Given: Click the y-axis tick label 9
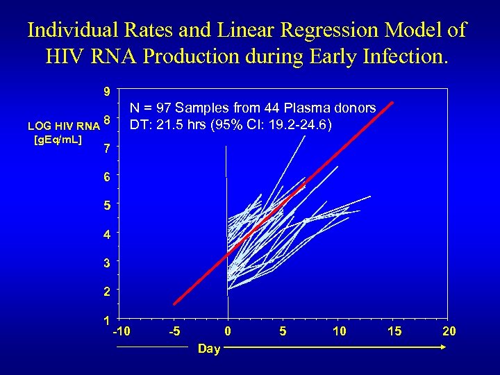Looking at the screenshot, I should click(x=106, y=91).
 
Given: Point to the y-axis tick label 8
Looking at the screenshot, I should click(x=106, y=120).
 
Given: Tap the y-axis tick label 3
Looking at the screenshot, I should click(x=106, y=264).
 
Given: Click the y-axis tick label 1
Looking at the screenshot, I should click(x=106, y=321).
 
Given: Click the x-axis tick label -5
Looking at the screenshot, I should click(x=175, y=331).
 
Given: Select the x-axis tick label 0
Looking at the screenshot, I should click(x=227, y=331).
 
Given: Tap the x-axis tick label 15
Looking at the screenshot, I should click(x=394, y=331).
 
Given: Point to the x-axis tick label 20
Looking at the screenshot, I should click(x=449, y=331).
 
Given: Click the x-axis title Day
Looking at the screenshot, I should click(x=208, y=349).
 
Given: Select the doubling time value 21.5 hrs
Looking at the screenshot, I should click(x=177, y=125).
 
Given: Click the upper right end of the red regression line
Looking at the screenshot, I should click(x=393, y=103).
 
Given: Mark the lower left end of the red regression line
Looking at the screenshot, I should click(x=174, y=303).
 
